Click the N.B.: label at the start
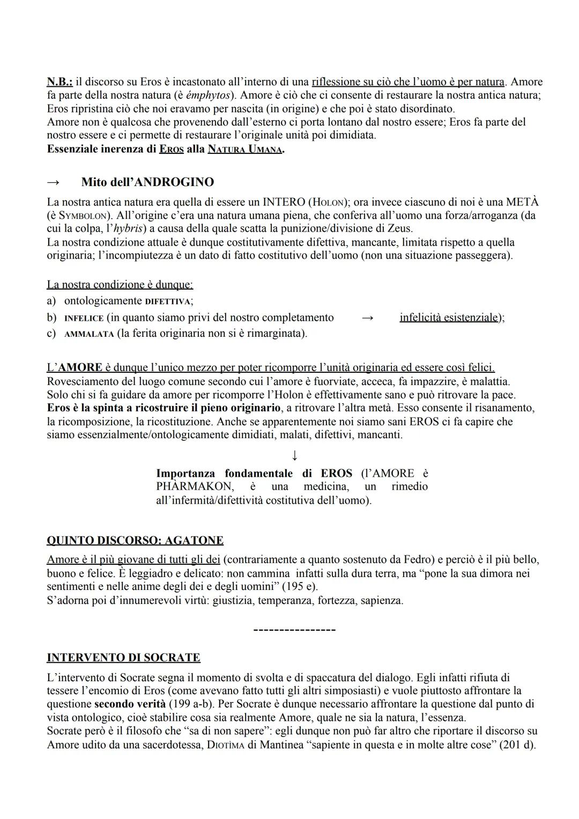point(60,82)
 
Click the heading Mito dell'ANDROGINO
point(147,182)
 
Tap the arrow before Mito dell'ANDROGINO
point(54,182)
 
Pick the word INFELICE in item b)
point(84,318)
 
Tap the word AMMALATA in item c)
point(88,334)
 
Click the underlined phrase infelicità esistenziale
point(449,318)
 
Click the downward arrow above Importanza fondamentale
point(294,455)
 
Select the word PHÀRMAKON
point(194,487)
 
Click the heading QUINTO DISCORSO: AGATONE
point(135,540)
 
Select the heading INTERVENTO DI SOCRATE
point(123,658)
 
